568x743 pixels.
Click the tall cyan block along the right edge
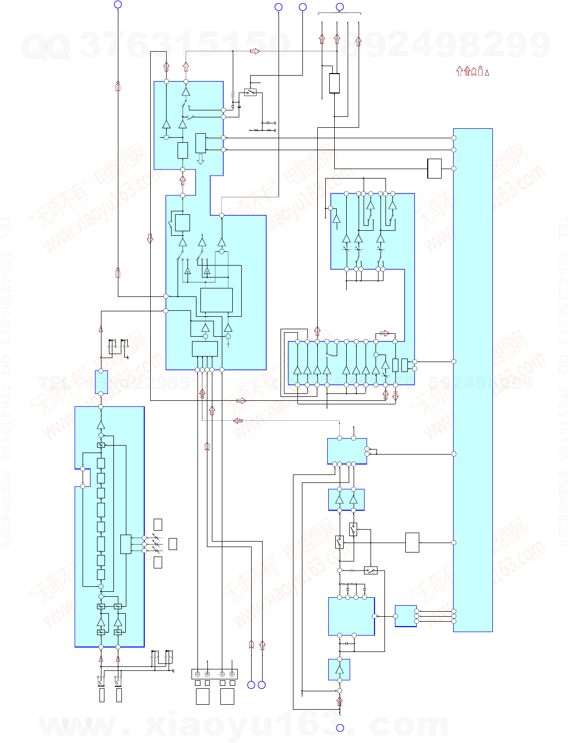point(473,380)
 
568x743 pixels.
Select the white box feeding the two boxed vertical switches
point(412,543)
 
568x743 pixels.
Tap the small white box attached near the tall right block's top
point(434,169)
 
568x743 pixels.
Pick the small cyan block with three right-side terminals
point(405,616)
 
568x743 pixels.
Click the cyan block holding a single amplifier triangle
point(339,669)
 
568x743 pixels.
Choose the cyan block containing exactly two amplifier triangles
point(346,500)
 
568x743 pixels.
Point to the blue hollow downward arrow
point(200,160)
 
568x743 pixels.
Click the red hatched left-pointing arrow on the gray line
point(238,421)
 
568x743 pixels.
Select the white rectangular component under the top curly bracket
point(334,83)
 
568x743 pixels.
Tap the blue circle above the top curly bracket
point(340,7)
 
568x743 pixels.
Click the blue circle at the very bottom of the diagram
point(340,728)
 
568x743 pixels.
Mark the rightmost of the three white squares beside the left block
point(173,544)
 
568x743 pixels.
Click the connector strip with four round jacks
point(214,674)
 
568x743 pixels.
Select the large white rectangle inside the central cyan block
point(216,300)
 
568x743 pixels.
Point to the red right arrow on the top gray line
point(255,51)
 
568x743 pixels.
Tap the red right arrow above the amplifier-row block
point(384,333)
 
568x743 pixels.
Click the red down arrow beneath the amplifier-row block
point(395,396)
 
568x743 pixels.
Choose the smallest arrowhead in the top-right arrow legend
point(487,73)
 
